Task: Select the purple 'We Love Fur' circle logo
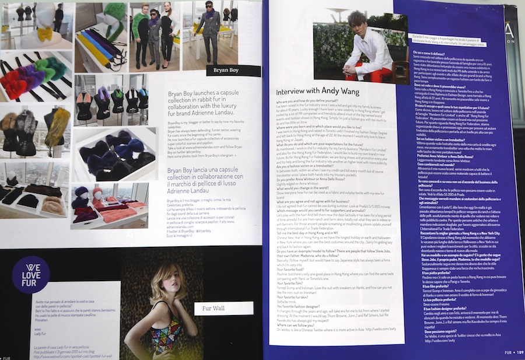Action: [x=30, y=275]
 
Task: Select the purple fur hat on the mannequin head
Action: [x=78, y=192]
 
